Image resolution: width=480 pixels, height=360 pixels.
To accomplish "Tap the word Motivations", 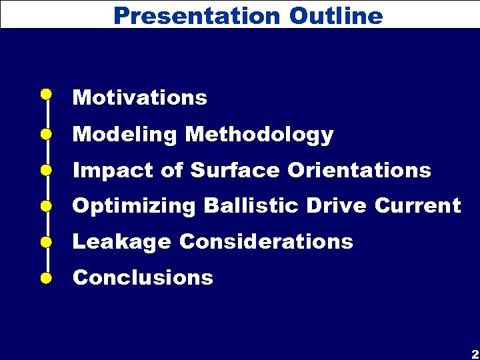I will (x=140, y=98).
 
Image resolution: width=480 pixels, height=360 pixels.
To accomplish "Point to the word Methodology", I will (x=259, y=135).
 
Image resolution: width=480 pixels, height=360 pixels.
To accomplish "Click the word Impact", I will (x=113, y=171).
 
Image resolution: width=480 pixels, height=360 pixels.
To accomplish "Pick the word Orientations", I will (x=359, y=171).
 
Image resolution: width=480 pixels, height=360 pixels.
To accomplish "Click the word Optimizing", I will (x=134, y=206).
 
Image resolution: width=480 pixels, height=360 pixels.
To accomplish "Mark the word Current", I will (x=418, y=206).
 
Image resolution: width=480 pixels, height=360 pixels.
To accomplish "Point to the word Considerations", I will (x=266, y=241).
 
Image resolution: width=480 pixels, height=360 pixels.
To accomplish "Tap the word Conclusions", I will (x=143, y=277).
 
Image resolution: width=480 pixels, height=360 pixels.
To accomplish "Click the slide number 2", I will (x=474, y=353).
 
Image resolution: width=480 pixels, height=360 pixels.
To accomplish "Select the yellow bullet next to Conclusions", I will (x=45, y=277).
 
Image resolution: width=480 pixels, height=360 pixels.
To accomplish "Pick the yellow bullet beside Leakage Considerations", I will (x=45, y=241).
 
